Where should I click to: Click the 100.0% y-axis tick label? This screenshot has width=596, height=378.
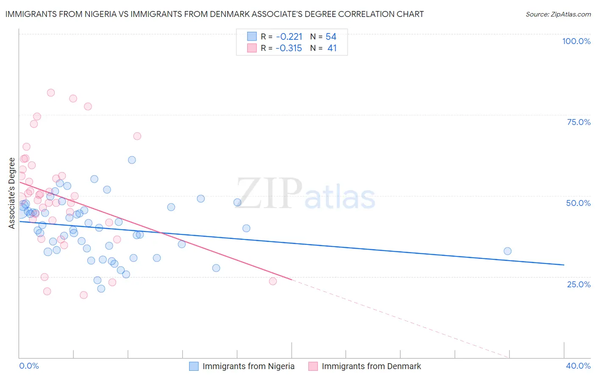pos(576,41)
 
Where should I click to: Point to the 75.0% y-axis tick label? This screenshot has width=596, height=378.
pos(579,122)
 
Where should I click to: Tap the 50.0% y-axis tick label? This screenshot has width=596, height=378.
pos(578,203)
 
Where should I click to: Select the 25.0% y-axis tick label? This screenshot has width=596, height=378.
pos(579,284)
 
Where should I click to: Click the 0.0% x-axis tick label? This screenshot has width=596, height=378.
pos(29,366)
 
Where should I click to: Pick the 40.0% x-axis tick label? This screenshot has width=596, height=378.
pos(578,366)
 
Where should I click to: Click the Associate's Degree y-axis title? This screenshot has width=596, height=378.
pos(11,193)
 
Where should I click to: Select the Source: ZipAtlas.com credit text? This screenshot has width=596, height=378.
pos(558,14)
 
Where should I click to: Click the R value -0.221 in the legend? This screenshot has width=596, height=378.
pos(289,37)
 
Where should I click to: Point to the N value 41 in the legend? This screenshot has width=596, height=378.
pos(332,48)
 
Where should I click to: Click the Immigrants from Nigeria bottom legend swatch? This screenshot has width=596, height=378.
pos(194,366)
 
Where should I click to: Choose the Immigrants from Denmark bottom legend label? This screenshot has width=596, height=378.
pos(371,366)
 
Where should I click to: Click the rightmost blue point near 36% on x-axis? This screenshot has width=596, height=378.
pos(507,251)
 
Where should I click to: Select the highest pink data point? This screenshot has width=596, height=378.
pos(51,93)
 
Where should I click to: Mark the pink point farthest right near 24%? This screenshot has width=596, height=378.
pos(273,281)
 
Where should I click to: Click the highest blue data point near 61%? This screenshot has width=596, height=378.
pos(132,160)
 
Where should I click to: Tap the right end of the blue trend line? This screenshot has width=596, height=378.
pos(564,265)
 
